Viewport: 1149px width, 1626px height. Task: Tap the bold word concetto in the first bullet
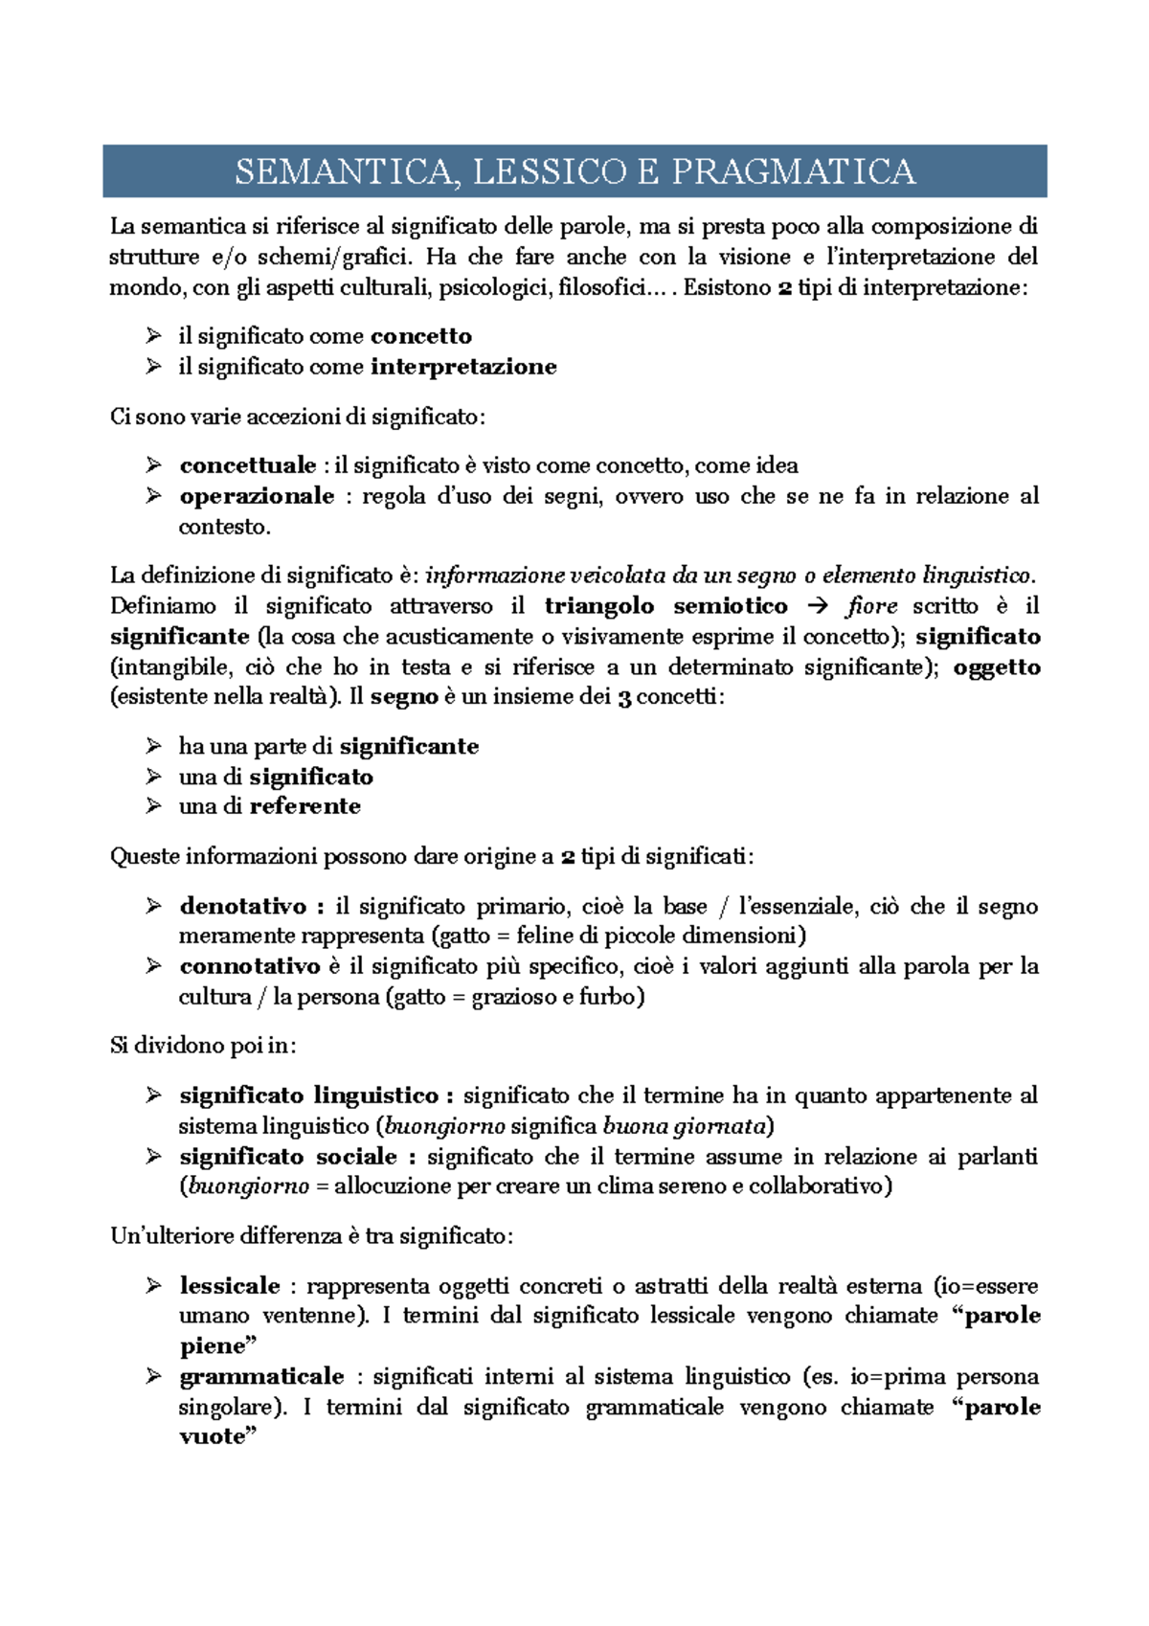[421, 336]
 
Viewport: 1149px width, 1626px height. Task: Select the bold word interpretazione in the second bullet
[463, 367]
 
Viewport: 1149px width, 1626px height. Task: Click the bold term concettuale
[248, 465]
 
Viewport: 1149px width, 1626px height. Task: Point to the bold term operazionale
[257, 496]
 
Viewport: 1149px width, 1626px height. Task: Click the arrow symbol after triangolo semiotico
[816, 606]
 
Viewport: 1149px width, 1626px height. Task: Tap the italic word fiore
[871, 606]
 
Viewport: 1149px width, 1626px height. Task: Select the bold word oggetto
[997, 667]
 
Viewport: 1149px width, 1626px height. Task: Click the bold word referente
[305, 806]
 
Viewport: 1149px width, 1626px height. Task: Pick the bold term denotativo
[244, 906]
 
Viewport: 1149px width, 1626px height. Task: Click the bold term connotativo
[250, 966]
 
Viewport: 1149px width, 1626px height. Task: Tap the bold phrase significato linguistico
[308, 1095]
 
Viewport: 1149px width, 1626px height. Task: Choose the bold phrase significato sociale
[287, 1157]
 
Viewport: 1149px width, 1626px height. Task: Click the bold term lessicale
[230, 1286]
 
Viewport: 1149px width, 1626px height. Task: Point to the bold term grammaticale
[261, 1377]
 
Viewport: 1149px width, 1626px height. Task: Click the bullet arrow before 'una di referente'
[153, 806]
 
